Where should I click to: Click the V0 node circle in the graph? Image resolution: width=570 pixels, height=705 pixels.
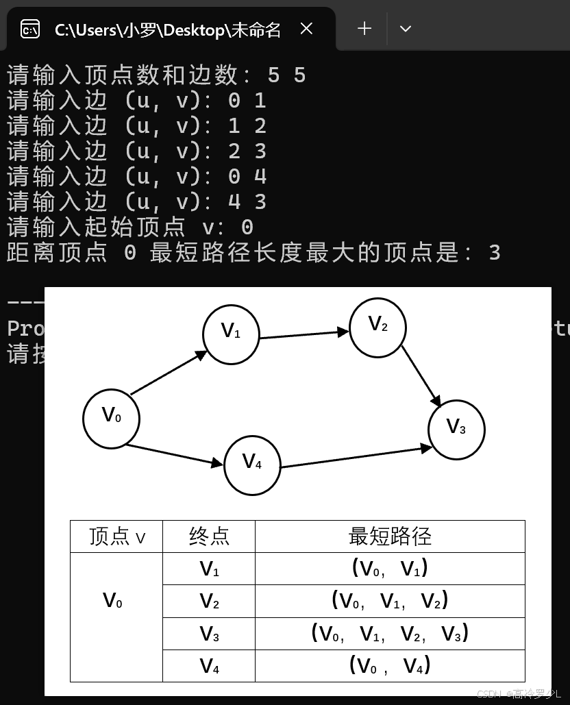pos(111,418)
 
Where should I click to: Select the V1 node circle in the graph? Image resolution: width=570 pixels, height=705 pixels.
pos(231,334)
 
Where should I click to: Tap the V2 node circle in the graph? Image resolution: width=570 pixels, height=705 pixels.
pos(377,327)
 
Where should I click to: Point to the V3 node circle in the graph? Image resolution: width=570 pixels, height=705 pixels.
pos(456,430)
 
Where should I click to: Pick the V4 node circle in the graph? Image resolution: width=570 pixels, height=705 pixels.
pos(252,465)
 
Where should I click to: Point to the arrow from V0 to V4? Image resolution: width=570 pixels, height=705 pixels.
pos(175,456)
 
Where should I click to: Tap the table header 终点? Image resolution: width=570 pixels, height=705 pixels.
pos(209,536)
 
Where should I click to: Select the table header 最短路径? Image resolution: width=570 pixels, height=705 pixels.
pos(390,536)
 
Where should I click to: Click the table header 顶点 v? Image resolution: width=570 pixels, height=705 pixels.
pos(116,536)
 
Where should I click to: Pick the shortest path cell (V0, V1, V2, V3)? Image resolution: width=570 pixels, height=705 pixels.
pos(390,632)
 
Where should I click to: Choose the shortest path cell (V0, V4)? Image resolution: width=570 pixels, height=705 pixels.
pos(390,665)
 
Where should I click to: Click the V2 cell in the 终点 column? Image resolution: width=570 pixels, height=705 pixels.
pos(209,601)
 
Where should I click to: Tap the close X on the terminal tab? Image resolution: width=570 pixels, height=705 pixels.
pos(306,29)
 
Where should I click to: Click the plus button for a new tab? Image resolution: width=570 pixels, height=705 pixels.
pos(364,29)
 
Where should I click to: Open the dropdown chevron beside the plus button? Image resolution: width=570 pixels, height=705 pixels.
pos(405,29)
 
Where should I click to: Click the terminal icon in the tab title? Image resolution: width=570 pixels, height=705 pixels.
pos(30,29)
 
